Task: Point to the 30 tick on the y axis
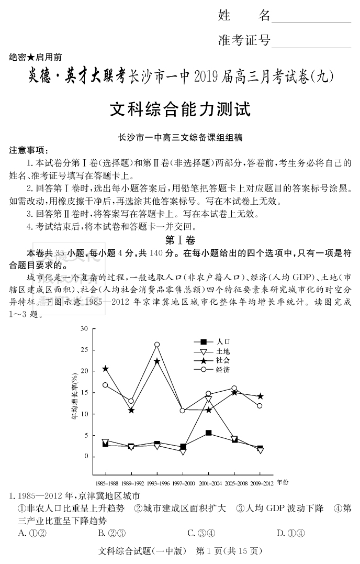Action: [84, 328]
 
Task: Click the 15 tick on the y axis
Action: [84, 393]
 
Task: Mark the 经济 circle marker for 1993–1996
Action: [156, 345]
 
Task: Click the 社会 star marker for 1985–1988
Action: [105, 369]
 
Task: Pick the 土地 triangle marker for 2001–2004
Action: [208, 400]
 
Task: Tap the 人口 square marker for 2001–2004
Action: [208, 433]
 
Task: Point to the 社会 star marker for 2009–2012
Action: [260, 396]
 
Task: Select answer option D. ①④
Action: [291, 533]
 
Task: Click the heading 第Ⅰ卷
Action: [179, 241]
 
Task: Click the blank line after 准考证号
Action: [311, 42]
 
